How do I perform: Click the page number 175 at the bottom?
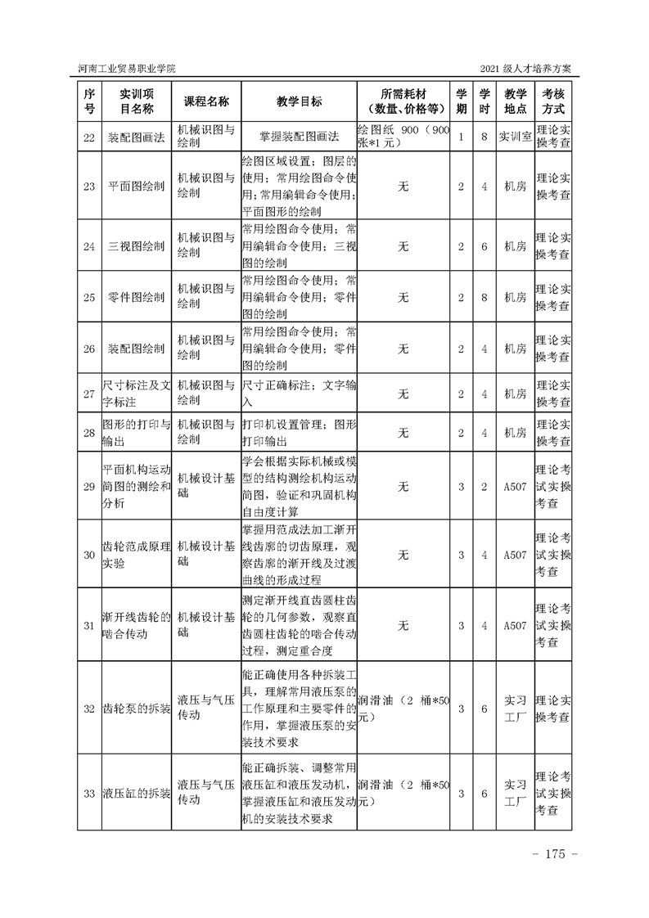point(556,855)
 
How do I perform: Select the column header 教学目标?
point(299,101)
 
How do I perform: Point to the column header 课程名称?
point(205,101)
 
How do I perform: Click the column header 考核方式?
point(552,101)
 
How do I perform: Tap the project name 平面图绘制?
point(136,187)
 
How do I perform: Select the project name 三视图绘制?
point(136,246)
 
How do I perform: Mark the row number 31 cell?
point(89,626)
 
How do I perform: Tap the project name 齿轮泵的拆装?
point(136,709)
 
